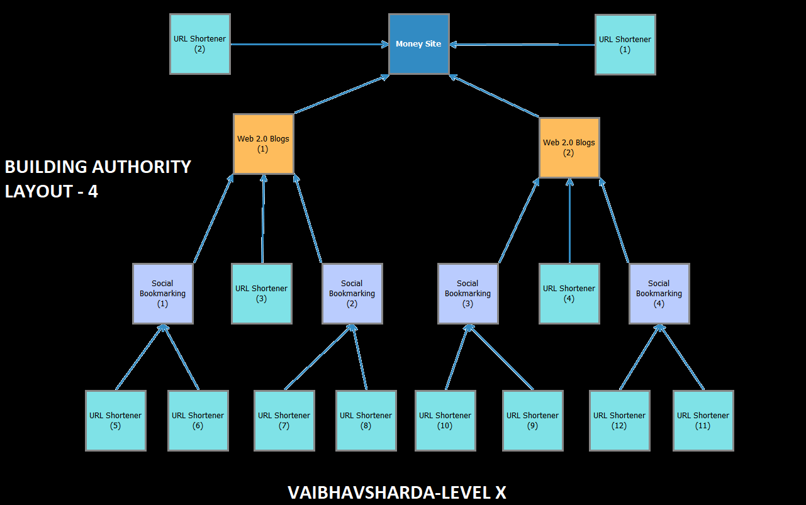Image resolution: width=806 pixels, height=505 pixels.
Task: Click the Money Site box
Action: coord(418,44)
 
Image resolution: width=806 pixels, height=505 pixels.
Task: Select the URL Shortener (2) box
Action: coord(199,44)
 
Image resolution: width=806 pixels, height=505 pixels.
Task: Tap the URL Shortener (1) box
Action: coord(625,45)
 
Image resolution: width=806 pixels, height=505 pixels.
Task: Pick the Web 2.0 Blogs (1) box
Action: coord(263,144)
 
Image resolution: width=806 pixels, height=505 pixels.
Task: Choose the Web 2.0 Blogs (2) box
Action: coord(569,148)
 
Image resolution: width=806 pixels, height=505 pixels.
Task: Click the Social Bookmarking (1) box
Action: coord(162,294)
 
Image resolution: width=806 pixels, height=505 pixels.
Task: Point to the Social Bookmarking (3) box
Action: coord(467,294)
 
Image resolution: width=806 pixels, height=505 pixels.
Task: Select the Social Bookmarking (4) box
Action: coord(659,294)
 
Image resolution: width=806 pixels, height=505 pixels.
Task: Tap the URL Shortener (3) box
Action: coord(261,294)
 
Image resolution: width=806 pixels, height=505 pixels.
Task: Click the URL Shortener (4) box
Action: coord(569,294)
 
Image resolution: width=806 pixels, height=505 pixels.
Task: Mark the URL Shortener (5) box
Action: coord(115,421)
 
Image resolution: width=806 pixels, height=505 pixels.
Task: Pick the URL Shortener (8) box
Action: coord(366,421)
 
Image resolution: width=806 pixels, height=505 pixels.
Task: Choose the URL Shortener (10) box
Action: coord(445,421)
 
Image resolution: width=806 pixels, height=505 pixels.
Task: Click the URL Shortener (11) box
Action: coord(703,421)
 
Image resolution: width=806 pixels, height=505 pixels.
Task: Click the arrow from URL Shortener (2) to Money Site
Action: coord(308,44)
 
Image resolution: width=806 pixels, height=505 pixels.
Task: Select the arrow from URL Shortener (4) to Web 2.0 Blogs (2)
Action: coord(569,220)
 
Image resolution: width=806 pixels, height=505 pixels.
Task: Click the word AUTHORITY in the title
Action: coord(142,167)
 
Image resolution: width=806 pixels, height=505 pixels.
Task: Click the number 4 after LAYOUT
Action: coord(92,191)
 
